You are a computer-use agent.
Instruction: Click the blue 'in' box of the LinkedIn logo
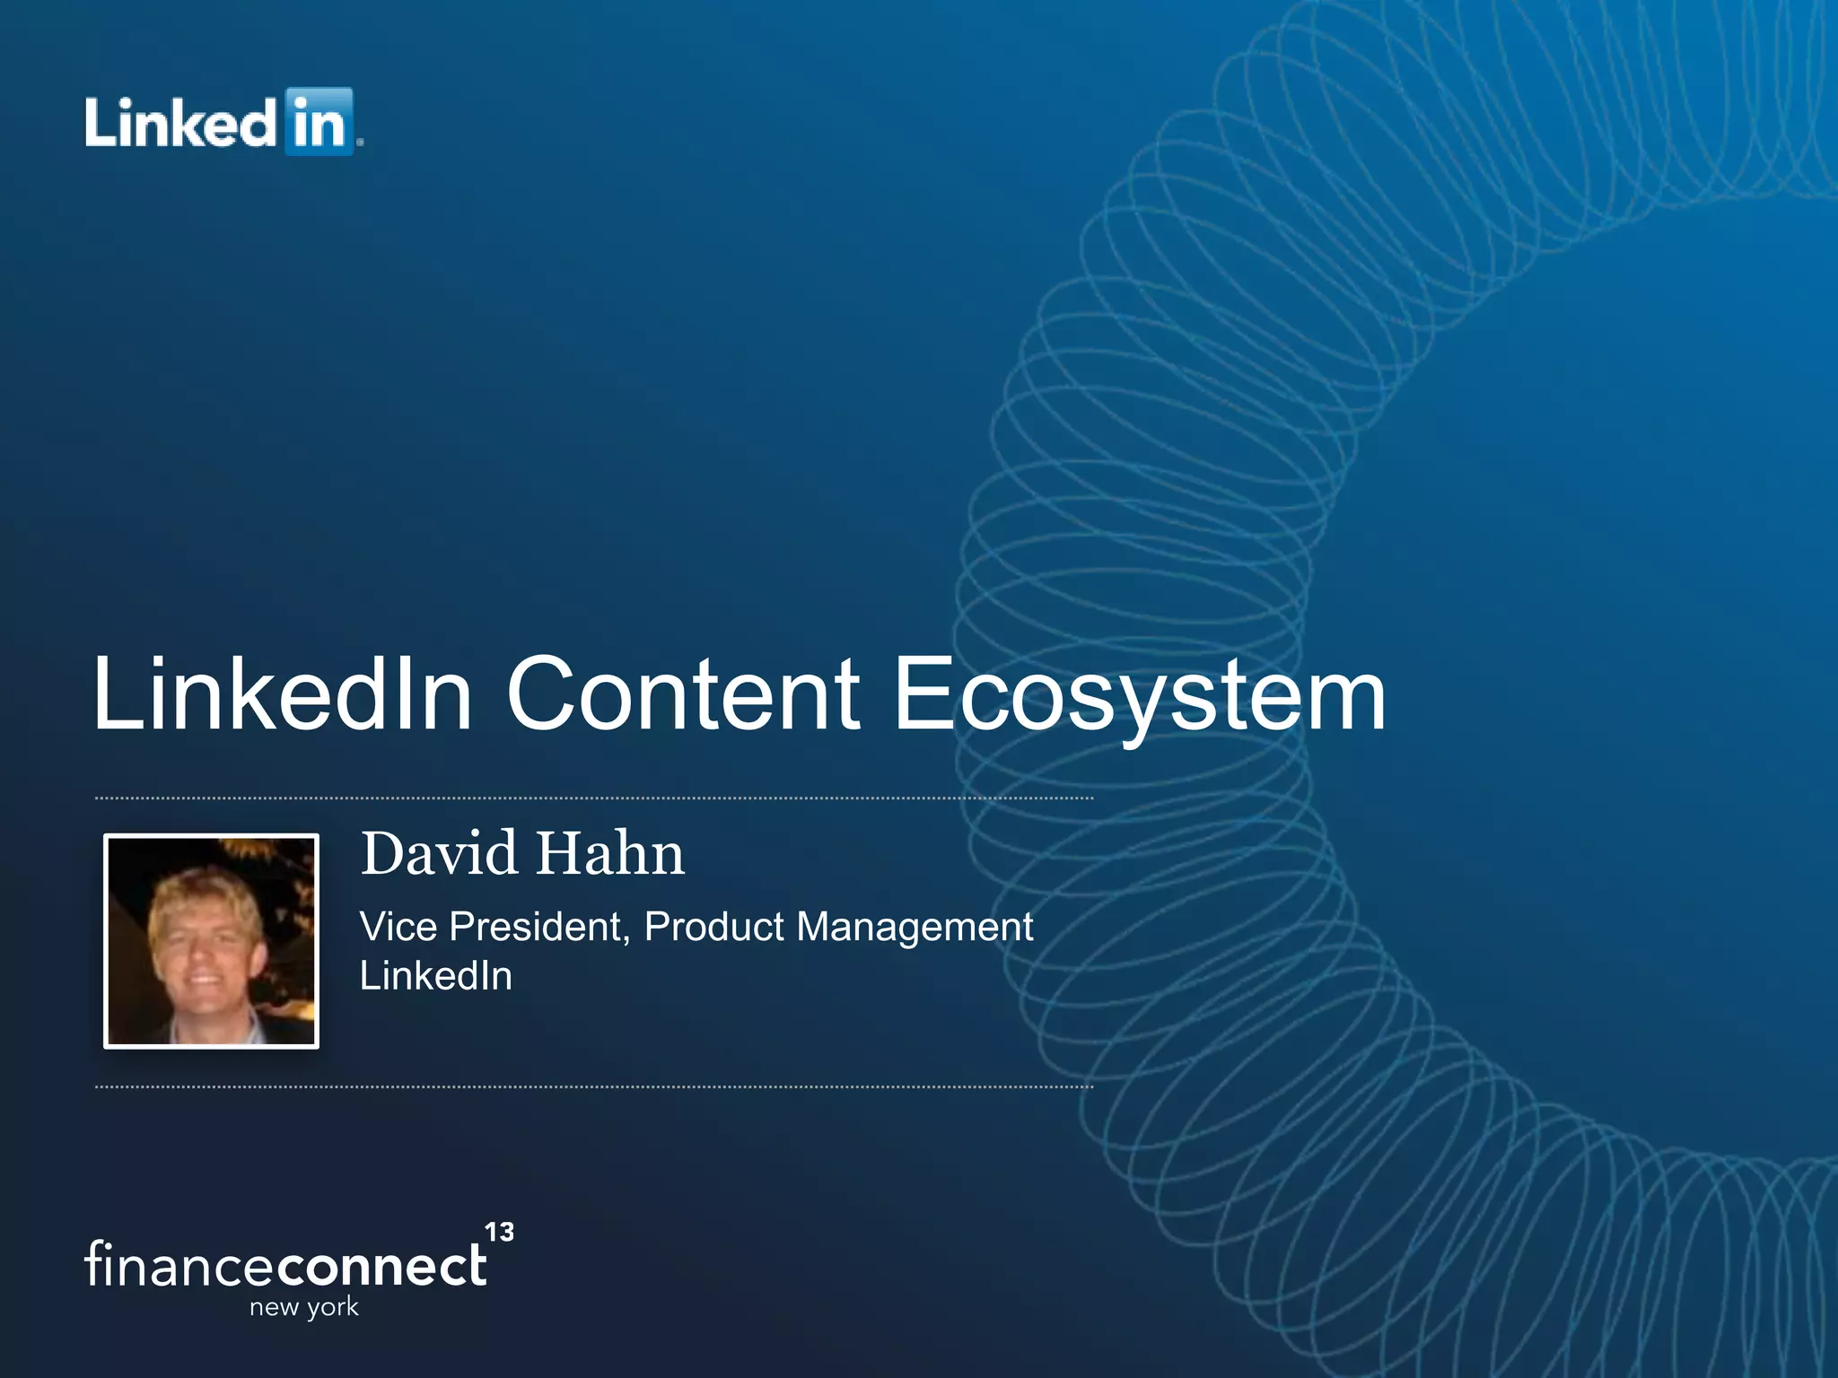click(x=319, y=122)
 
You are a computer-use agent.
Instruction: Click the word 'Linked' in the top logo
click(x=179, y=122)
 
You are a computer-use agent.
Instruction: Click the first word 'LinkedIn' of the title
click(x=283, y=693)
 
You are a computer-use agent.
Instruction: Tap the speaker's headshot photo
click(x=212, y=940)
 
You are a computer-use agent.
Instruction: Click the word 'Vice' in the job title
click(x=398, y=927)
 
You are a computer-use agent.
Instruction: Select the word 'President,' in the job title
click(x=539, y=927)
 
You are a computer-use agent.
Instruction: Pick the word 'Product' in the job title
click(x=714, y=927)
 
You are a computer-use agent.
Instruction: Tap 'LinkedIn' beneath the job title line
click(x=436, y=976)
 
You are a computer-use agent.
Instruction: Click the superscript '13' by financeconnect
click(x=499, y=1232)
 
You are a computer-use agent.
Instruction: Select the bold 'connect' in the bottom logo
click(x=381, y=1266)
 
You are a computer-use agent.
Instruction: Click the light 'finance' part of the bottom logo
click(x=180, y=1264)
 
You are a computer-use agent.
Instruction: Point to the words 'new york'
click(x=304, y=1307)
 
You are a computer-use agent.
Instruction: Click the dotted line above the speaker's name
click(x=592, y=798)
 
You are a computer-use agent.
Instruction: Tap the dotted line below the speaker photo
click(x=592, y=1086)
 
